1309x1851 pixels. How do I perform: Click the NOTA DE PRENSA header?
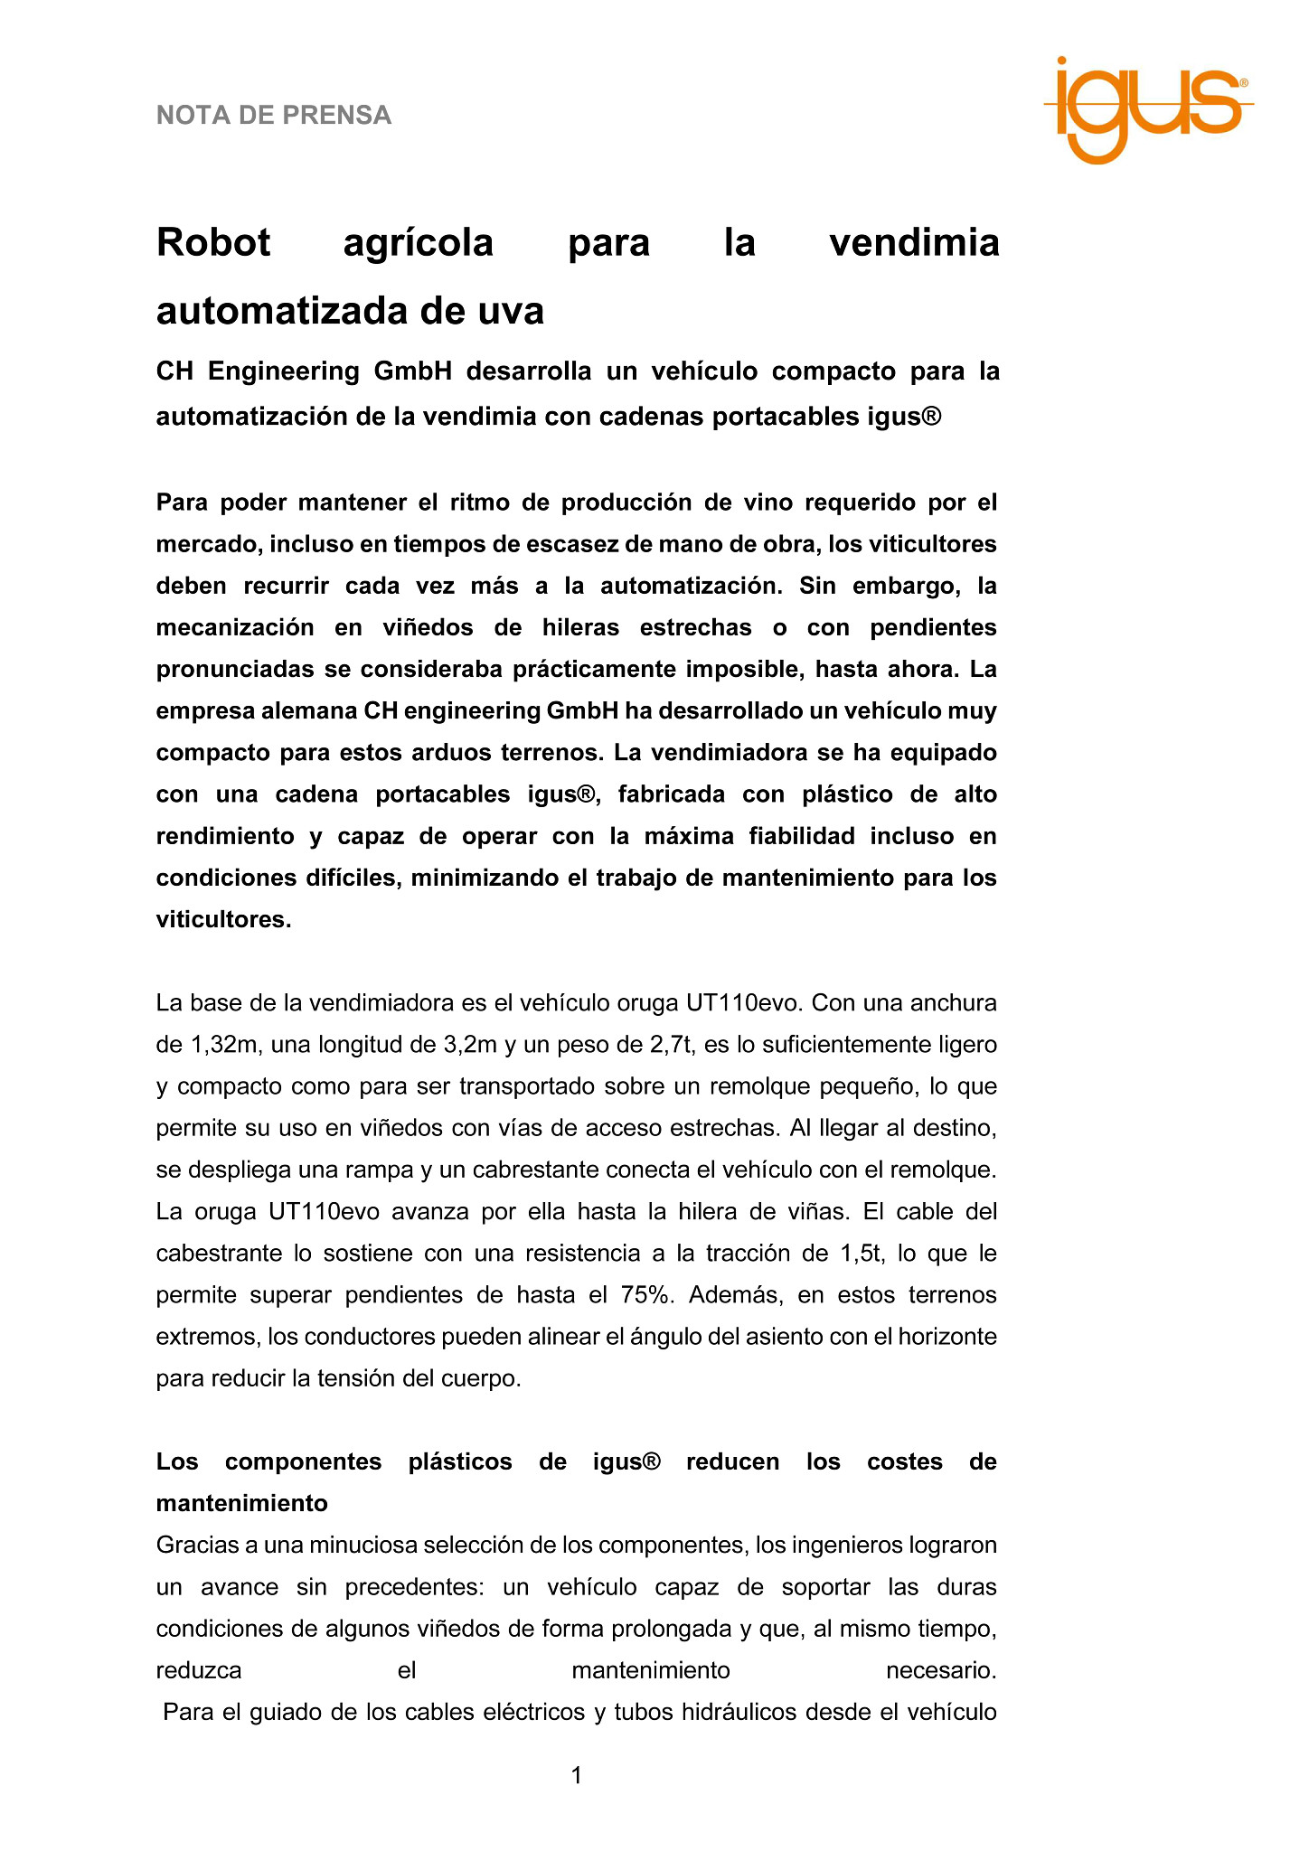[274, 116]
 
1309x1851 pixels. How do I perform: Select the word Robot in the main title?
[213, 242]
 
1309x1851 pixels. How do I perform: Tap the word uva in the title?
[511, 311]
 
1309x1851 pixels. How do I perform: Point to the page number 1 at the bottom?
[577, 1775]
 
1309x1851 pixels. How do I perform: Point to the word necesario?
[940, 1670]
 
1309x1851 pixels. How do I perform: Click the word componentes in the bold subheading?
[304, 1461]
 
